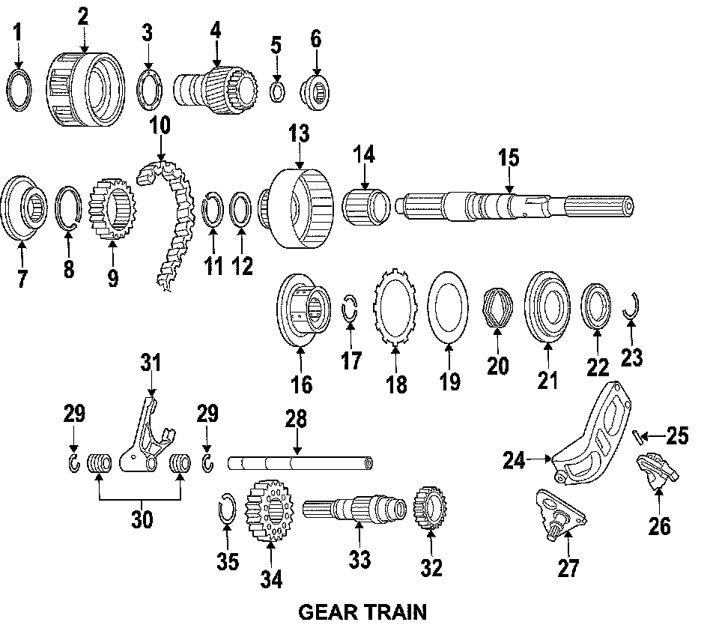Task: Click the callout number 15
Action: click(x=509, y=160)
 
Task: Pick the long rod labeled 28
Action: click(x=300, y=463)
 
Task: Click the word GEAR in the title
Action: click(x=327, y=612)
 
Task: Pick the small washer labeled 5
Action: click(x=277, y=91)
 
